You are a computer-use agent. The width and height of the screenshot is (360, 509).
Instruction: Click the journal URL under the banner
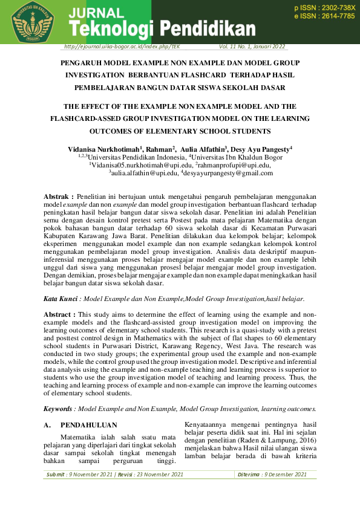(x=121, y=47)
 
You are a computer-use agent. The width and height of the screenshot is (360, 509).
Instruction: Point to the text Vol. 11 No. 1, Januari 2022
(x=252, y=47)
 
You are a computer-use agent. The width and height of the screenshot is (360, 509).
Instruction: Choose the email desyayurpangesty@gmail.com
(x=228, y=173)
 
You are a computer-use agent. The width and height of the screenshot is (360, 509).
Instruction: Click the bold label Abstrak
(x=59, y=196)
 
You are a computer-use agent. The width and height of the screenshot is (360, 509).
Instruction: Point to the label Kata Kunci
(x=61, y=299)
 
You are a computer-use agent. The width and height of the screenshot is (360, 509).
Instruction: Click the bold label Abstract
(x=60, y=314)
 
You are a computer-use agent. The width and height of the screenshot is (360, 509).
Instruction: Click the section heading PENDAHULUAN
(x=89, y=425)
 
